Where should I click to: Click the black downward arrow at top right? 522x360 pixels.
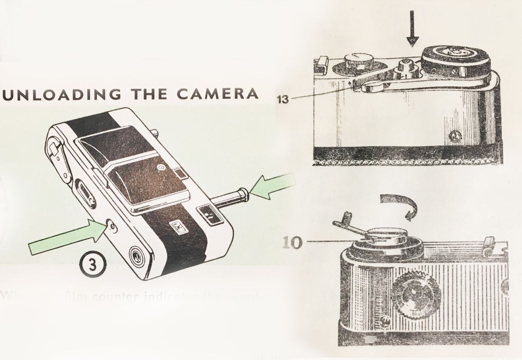tap(412, 39)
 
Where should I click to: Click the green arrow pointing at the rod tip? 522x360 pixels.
tap(273, 187)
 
